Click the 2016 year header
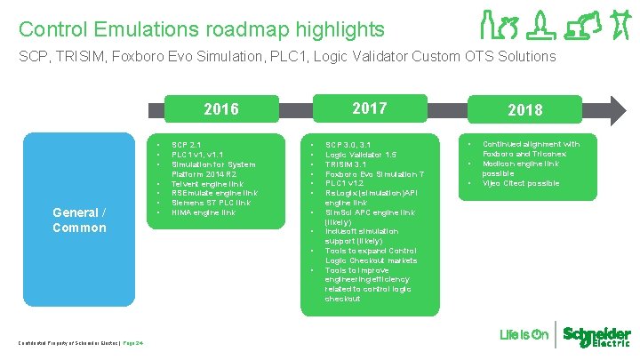click(x=220, y=109)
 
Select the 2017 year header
click(x=369, y=108)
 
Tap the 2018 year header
click(x=524, y=110)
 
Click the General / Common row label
click(x=78, y=220)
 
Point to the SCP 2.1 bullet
click(x=186, y=144)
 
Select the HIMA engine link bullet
click(x=204, y=212)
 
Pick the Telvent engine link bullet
click(x=206, y=183)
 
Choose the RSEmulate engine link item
click(x=214, y=193)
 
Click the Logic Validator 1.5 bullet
click(x=360, y=154)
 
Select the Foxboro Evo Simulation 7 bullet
click(x=374, y=173)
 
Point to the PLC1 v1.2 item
click(x=345, y=183)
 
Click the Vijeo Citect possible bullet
click(x=521, y=183)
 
